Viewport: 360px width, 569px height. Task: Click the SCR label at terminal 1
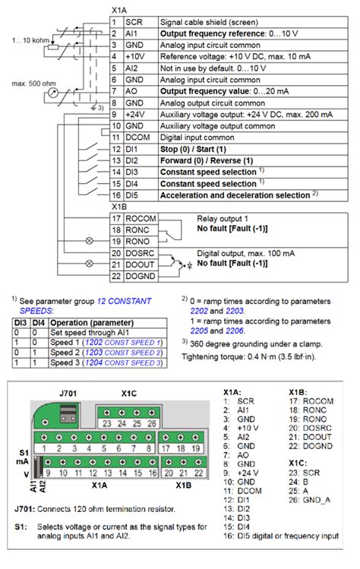pyautogui.click(x=133, y=24)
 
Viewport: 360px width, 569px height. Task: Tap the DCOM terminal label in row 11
pyautogui.click(x=139, y=136)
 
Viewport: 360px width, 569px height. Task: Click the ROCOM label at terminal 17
pyautogui.click(x=141, y=218)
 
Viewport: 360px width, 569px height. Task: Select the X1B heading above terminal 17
pyautogui.click(x=119, y=206)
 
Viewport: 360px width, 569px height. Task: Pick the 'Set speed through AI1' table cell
pyautogui.click(x=83, y=332)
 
